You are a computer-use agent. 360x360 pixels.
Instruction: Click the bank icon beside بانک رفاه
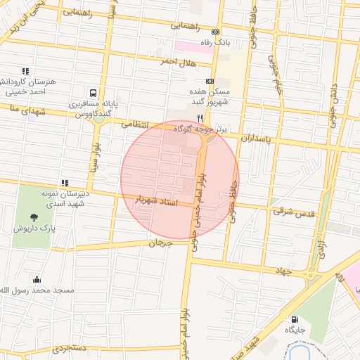point(214,32)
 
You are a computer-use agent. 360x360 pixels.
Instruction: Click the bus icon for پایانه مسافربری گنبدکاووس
point(93,93)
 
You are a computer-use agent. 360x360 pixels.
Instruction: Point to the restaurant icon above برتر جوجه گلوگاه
point(200,117)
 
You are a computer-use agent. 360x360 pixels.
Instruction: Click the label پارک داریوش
point(34,229)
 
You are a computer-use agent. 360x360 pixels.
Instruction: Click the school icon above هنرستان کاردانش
point(26,71)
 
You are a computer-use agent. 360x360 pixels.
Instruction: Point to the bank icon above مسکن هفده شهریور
point(209,82)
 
